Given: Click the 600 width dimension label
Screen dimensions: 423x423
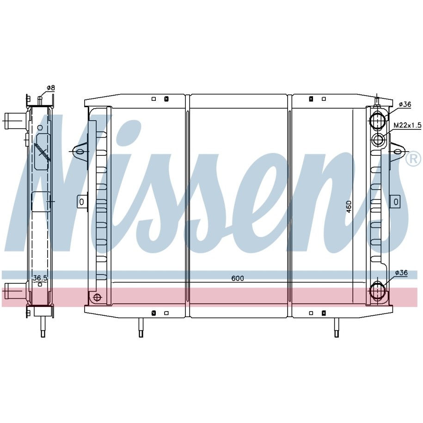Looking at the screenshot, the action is coord(238,278).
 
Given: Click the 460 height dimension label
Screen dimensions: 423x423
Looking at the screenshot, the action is coord(349,207).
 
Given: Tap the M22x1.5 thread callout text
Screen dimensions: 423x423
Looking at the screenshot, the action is coord(407,125).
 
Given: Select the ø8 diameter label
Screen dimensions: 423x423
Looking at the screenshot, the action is coord(51,88).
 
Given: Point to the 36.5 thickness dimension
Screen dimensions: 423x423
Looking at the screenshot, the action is coord(40,277).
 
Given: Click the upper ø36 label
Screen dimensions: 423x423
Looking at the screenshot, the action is coord(405,104).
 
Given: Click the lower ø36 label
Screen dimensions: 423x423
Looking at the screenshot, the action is coord(401,273).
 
